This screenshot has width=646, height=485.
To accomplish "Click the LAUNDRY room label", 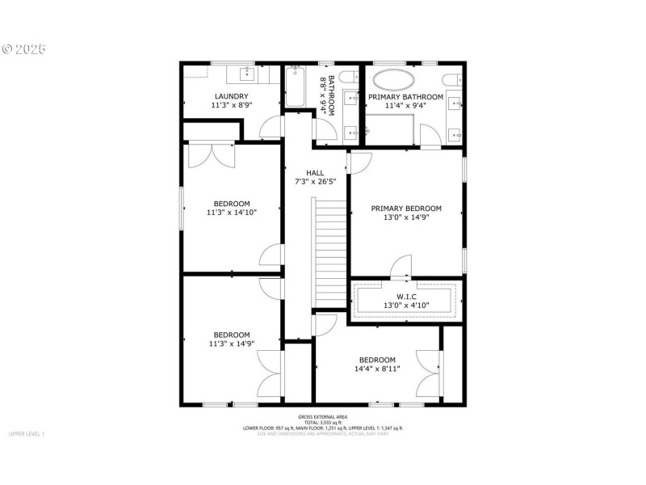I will click(231, 96).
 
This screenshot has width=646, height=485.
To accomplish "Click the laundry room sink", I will click(247, 76).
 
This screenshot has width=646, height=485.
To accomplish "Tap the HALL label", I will click(314, 173).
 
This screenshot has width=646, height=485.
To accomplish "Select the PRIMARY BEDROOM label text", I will click(406, 208).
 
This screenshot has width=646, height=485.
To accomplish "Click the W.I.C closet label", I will click(406, 296).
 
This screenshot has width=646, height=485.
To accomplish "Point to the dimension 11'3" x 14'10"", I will click(232, 213).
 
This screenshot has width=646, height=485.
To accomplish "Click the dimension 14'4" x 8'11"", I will click(377, 369).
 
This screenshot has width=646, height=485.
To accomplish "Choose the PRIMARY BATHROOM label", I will click(405, 97).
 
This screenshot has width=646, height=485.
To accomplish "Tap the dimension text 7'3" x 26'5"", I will click(314, 182).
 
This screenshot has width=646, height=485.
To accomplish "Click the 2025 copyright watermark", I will click(23, 49).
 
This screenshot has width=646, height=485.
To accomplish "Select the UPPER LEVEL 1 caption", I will click(27, 435).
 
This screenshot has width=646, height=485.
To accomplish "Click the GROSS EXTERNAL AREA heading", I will click(322, 416).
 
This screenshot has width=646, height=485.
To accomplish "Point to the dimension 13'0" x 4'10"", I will click(406, 305).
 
